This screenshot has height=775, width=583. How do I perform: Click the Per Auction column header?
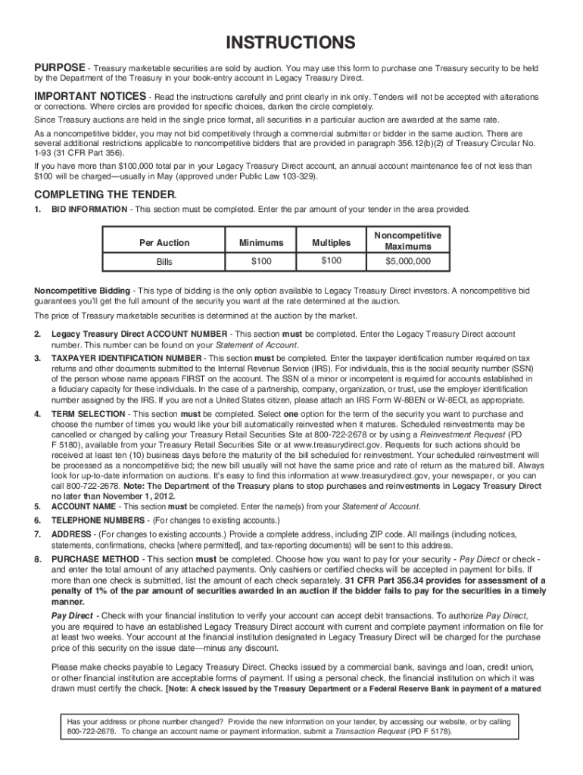(x=164, y=243)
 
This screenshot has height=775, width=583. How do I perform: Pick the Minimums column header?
(x=261, y=243)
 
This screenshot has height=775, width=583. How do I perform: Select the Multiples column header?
(x=331, y=243)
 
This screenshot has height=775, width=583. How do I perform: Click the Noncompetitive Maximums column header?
(x=407, y=241)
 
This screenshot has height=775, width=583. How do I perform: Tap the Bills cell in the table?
(x=164, y=262)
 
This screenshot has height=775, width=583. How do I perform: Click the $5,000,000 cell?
(x=407, y=262)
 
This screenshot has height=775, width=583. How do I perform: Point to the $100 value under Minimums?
(x=261, y=262)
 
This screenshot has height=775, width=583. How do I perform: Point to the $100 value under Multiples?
(x=331, y=261)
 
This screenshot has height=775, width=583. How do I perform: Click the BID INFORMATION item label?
(x=89, y=210)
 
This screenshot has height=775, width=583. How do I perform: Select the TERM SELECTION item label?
(x=89, y=415)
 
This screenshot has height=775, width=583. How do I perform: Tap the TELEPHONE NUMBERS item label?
(x=100, y=521)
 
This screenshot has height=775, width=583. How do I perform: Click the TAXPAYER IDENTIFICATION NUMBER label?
(x=126, y=357)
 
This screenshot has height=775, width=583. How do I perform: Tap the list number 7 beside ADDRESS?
(x=38, y=534)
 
